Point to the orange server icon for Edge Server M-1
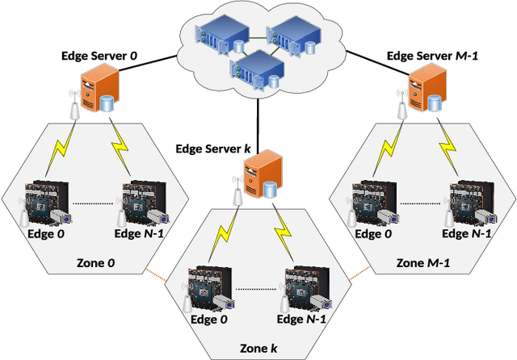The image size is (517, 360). pos(426,90)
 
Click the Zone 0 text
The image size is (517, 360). pos(95,262)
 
